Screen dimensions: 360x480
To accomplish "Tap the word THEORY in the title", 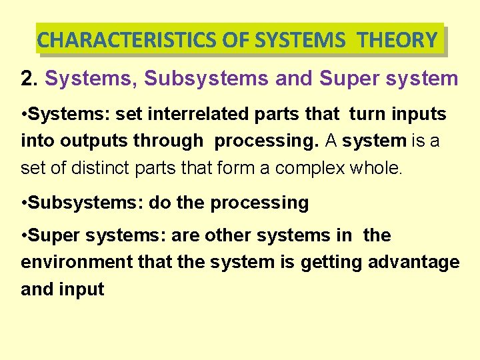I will tap(397, 40).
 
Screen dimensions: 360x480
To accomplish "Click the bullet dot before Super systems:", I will tap(24, 235).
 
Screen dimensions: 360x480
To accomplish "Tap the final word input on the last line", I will tap(82, 289).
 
